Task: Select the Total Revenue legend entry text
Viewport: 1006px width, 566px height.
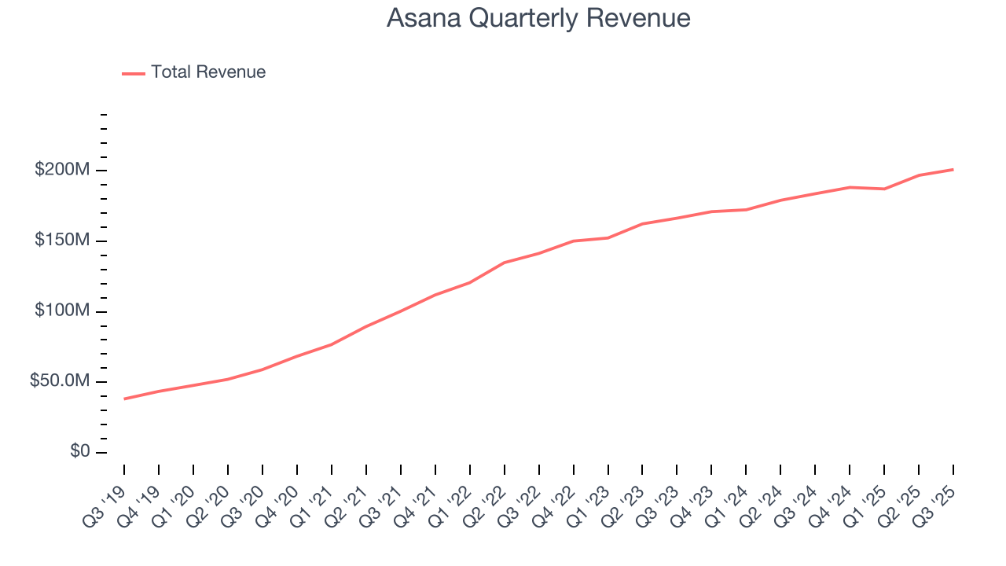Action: click(208, 72)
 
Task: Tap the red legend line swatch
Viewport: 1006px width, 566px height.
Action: click(134, 73)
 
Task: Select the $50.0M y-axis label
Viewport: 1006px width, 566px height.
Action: click(60, 381)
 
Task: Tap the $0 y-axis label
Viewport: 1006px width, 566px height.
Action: click(79, 452)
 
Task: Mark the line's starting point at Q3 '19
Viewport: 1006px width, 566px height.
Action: click(124, 399)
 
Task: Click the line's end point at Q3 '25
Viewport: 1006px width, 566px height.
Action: click(953, 169)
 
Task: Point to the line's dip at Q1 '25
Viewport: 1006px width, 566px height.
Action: click(884, 189)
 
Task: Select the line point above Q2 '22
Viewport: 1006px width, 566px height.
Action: click(504, 263)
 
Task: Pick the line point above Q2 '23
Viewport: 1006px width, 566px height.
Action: click(642, 224)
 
